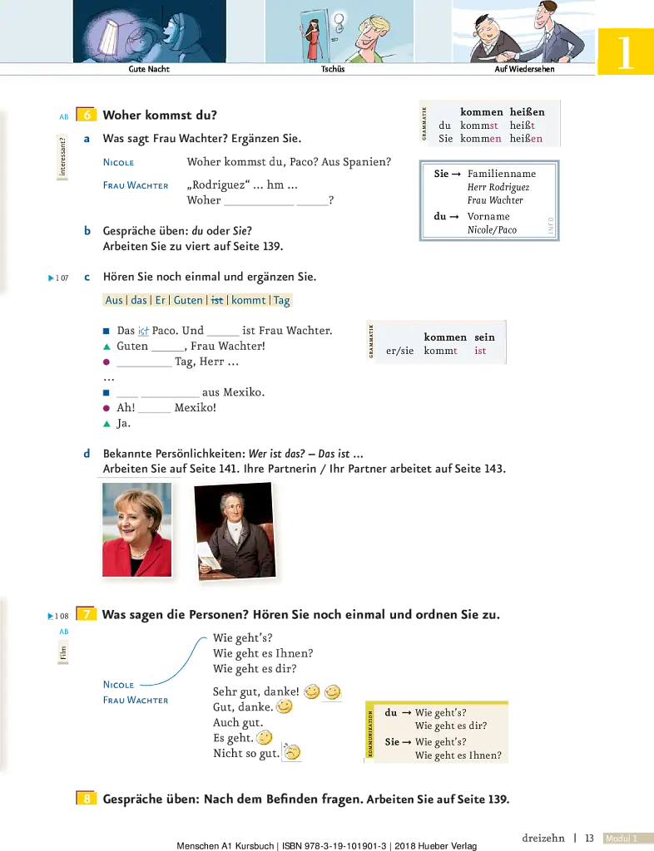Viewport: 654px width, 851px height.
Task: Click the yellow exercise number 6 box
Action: (x=87, y=115)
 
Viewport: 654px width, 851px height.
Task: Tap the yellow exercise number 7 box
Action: (x=86, y=614)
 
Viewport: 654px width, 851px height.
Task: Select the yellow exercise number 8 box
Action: (x=87, y=799)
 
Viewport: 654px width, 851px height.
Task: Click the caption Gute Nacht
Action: (x=149, y=69)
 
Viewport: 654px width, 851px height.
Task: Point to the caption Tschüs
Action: (x=333, y=69)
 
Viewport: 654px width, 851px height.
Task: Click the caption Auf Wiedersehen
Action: (x=524, y=69)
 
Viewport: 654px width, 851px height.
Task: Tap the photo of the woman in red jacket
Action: (x=137, y=529)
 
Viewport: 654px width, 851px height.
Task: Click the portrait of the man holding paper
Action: (x=235, y=531)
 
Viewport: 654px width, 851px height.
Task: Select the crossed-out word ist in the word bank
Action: (x=216, y=300)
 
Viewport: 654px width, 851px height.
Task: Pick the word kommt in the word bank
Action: (x=248, y=300)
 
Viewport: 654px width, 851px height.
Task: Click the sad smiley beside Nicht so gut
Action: (x=292, y=751)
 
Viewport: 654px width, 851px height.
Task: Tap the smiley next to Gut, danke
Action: (x=284, y=706)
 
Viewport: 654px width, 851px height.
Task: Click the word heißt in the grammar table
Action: (x=522, y=125)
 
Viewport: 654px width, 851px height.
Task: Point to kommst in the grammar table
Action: (x=479, y=125)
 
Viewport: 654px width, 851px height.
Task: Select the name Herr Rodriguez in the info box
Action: (x=498, y=187)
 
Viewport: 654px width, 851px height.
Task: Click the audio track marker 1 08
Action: (x=59, y=616)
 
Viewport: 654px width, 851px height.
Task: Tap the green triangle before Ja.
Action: (x=107, y=424)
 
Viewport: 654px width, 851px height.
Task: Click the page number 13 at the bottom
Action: (x=589, y=838)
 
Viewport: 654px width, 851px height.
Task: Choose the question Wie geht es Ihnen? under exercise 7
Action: (x=263, y=653)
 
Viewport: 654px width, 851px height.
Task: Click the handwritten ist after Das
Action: (x=143, y=331)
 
